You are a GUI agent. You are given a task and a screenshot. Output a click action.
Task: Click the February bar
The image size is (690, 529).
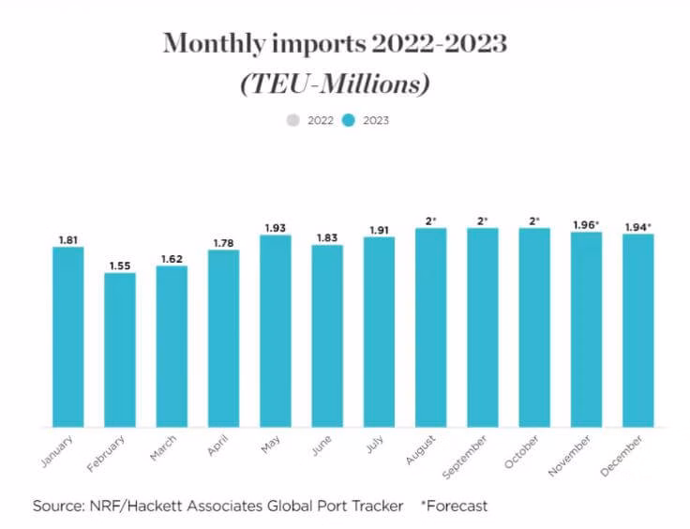coord(119,350)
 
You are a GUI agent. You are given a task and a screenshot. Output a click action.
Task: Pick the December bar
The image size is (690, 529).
coord(638,331)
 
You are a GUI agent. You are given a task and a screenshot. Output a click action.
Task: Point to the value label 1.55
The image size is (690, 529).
coord(119,265)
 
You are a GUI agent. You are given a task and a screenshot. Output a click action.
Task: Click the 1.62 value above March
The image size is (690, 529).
coord(172,258)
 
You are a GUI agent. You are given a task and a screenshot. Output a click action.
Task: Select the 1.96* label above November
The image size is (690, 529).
coord(587,224)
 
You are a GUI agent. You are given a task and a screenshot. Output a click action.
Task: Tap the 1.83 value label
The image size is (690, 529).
coord(327,237)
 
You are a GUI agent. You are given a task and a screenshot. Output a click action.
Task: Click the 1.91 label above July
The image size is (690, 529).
coord(379,230)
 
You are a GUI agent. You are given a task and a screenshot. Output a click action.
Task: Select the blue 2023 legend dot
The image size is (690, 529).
coord(347,120)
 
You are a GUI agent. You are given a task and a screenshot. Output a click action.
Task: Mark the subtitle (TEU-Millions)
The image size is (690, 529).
coord(336,83)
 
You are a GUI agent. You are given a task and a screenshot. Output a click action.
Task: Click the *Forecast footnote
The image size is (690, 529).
coord(455,506)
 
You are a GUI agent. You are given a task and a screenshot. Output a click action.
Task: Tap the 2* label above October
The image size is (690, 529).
coord(534,220)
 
